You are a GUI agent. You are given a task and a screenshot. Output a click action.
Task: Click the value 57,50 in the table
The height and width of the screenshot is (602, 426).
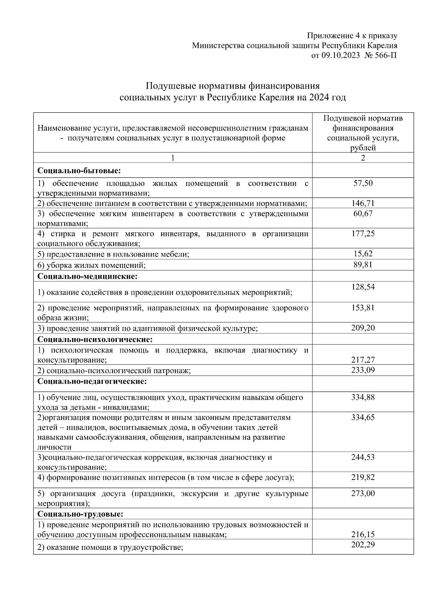[363, 183]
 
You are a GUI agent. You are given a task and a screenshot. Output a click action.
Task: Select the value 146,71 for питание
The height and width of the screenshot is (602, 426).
[363, 203]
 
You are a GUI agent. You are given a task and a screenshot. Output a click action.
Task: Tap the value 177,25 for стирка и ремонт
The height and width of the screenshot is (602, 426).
[363, 233]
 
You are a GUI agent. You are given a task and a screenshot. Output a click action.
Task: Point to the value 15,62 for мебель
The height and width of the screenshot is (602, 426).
[363, 254]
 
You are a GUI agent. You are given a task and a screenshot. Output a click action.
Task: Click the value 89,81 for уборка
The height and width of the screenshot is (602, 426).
[363, 265]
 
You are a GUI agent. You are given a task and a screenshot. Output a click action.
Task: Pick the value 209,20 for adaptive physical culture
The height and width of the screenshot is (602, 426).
[363, 328]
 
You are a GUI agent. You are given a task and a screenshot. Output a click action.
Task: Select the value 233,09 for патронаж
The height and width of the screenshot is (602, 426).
[363, 370]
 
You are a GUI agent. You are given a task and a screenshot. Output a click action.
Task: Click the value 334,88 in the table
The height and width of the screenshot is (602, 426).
[363, 397]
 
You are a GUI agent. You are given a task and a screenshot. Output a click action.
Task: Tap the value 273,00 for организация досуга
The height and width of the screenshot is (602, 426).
[363, 493]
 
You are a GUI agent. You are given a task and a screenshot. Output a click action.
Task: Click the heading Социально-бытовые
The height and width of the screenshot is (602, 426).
[79, 171]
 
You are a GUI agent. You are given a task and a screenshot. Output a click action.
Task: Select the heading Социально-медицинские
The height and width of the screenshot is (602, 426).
[87, 276]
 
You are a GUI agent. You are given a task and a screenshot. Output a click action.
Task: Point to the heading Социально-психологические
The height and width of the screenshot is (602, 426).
[95, 339]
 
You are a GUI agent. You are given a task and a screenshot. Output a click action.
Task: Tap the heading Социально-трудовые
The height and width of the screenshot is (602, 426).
[81, 514]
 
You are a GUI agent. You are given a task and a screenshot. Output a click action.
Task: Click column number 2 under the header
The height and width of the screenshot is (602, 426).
[363, 158]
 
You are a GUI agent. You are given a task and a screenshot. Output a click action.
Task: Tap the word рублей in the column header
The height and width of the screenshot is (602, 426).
[363, 148]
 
